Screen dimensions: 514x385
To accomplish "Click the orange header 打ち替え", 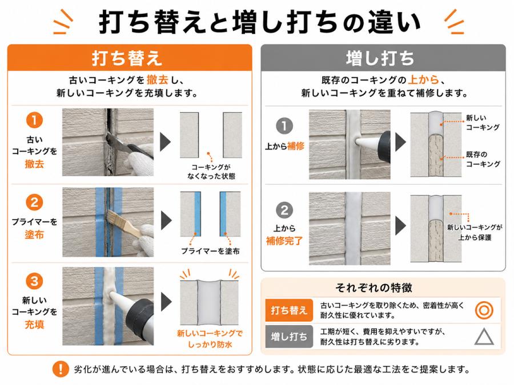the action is coord(127,58).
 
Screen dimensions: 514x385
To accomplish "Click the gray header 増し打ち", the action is coord(380,58).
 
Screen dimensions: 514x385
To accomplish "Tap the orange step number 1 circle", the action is coord(34,120).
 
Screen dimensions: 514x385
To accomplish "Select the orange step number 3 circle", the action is coord(34,281).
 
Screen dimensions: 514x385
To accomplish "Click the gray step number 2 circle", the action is coord(284,210).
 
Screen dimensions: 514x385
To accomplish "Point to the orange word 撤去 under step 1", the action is coord(34,164).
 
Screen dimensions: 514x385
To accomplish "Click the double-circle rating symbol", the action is coord(484,310).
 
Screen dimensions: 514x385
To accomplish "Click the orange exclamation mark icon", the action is coord(61,369).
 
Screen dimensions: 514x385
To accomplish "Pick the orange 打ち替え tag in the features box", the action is coord(288,310).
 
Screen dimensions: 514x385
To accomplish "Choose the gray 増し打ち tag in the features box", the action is coord(288,337).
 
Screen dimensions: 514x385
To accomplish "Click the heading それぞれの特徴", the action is coord(374,288).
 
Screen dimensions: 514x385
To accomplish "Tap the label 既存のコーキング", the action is coord(483,159).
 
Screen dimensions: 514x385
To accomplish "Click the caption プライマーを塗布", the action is coord(210,251).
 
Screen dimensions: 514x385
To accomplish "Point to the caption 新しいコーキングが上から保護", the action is coord(475,232).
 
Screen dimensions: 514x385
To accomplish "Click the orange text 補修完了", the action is coord(284,241).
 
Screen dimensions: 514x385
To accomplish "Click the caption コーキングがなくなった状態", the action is coord(211,172).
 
